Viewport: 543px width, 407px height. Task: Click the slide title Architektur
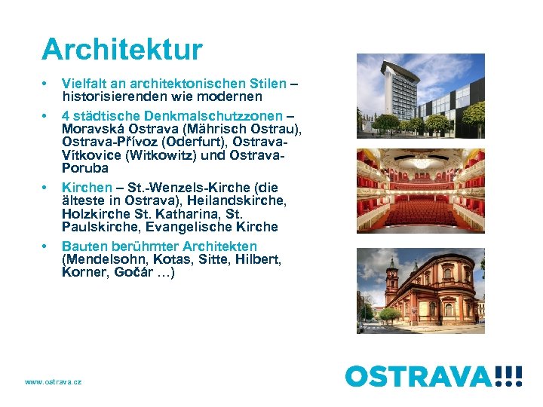pyautogui.click(x=122, y=50)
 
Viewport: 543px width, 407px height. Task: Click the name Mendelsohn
pyautogui.click(x=107, y=259)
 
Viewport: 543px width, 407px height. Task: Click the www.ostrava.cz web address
pyautogui.click(x=54, y=382)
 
